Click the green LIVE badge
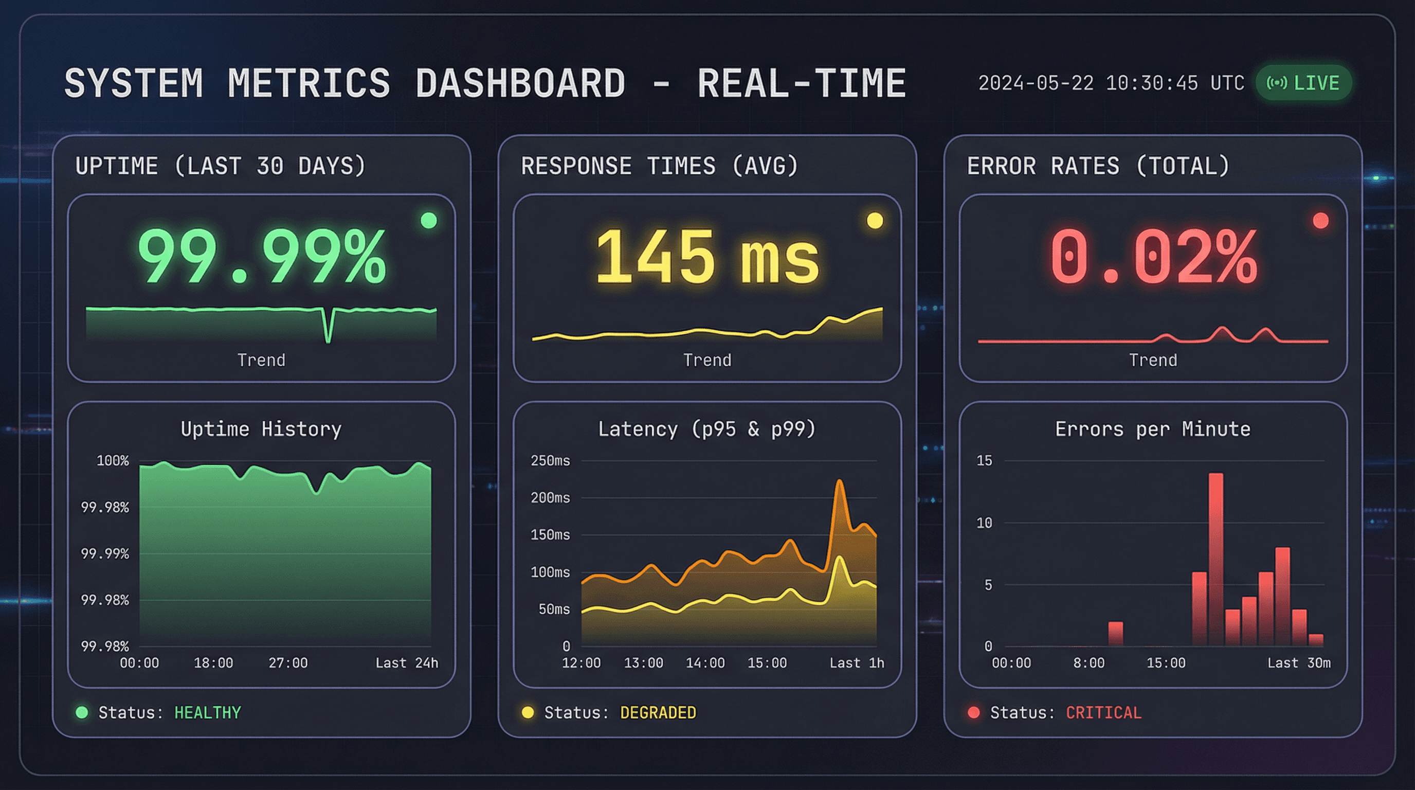click(x=1303, y=83)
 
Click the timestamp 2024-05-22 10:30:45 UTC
click(x=1111, y=83)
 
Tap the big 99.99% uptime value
click(x=262, y=257)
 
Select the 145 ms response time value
click(x=707, y=257)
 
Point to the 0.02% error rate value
click(x=1153, y=257)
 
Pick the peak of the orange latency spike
click(x=839, y=481)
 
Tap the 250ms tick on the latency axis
click(x=550, y=461)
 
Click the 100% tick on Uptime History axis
click(x=113, y=461)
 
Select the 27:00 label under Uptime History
click(x=288, y=663)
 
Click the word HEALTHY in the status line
click(x=208, y=712)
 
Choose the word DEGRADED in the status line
click(x=658, y=712)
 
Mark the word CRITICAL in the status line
click(x=1103, y=712)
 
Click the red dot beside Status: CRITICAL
click(x=973, y=712)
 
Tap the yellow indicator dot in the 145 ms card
click(x=875, y=221)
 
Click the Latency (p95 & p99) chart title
click(x=707, y=429)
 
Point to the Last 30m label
click(x=1299, y=663)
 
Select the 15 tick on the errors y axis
click(x=984, y=461)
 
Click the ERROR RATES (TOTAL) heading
click(x=1098, y=166)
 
